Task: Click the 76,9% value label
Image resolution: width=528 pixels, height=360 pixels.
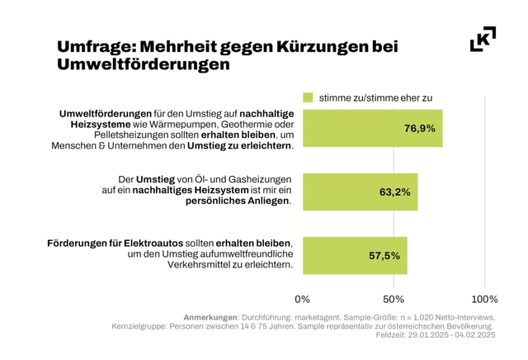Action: pyautogui.click(x=419, y=128)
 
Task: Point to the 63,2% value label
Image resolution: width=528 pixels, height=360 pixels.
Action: pyautogui.click(x=394, y=192)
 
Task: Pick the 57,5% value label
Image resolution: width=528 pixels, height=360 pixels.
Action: pyautogui.click(x=384, y=255)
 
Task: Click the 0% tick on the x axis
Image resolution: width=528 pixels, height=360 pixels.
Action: pyautogui.click(x=303, y=298)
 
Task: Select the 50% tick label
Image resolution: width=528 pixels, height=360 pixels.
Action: pyautogui.click(x=394, y=298)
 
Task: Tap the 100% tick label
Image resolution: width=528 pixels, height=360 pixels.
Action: pyautogui.click(x=484, y=298)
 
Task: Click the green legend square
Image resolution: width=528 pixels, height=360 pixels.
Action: pyautogui.click(x=309, y=97)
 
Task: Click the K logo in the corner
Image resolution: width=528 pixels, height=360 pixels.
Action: pyautogui.click(x=483, y=40)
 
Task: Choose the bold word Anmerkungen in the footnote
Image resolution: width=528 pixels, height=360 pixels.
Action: pyautogui.click(x=209, y=317)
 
